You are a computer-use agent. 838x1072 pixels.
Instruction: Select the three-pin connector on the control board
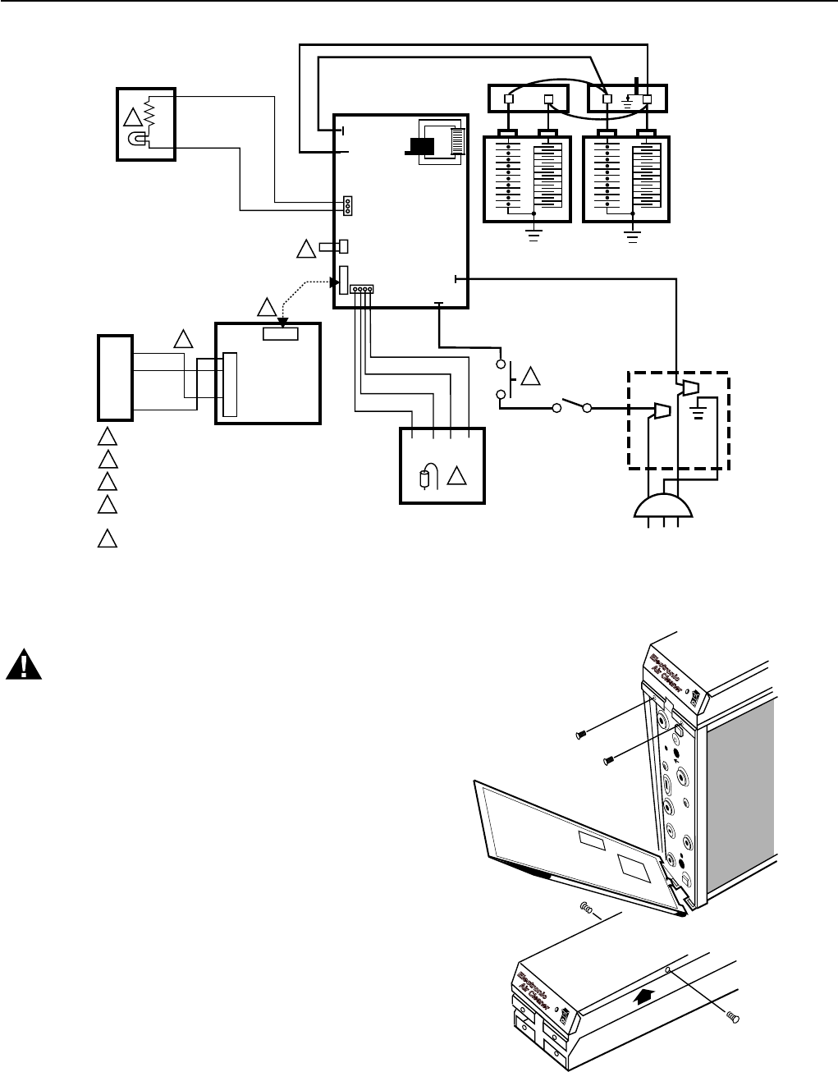click(348, 205)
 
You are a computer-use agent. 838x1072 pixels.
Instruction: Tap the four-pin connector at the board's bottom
click(361, 290)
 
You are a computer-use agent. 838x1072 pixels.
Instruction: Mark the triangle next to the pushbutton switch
click(531, 378)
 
